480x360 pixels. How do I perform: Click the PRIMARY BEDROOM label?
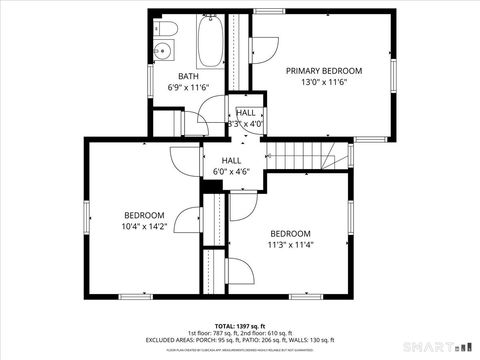click(x=324, y=71)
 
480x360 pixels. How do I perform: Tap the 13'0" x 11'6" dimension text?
click(x=324, y=84)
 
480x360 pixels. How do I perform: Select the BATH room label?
click(x=188, y=77)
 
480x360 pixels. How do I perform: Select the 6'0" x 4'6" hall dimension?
click(x=232, y=171)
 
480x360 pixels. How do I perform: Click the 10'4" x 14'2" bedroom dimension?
click(x=144, y=227)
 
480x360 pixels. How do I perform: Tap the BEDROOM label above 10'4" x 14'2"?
click(x=144, y=215)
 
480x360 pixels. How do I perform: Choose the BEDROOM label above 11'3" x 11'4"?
click(x=290, y=232)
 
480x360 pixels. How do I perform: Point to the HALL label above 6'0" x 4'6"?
click(x=232, y=160)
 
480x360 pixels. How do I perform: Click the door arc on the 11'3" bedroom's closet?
click(x=241, y=208)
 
